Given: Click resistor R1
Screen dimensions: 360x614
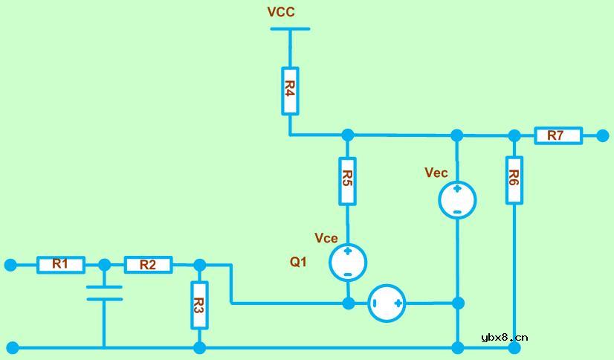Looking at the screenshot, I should coord(61,265).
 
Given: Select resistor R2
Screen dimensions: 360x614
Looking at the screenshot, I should coord(148,265).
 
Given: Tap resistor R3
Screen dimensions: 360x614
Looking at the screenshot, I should coord(199,305).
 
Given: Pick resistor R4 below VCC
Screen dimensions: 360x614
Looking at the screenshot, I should coord(290,91).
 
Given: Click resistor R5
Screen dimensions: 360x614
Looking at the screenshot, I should coord(347,181).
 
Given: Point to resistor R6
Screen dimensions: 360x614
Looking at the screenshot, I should coord(514,179).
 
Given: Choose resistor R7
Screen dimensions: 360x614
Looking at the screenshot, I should coord(558,135).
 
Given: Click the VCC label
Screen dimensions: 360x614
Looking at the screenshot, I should coord(281,12).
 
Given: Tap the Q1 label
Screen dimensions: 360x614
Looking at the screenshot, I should coord(298,262).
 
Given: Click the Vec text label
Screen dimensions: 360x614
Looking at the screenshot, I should coord(436,173).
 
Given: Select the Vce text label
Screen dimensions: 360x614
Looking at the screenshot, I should coord(326,238).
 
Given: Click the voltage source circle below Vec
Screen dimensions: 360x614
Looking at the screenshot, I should coord(457,200).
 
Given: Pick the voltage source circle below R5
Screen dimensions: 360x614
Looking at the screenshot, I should coord(348,263).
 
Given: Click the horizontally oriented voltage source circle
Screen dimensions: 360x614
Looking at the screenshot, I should coord(387,303).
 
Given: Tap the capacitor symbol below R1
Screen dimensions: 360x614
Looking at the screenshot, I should coord(104,292).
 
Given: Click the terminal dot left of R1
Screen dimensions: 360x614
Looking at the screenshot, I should coord(10,265).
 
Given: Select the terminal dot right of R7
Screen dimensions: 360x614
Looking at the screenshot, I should coord(603,135).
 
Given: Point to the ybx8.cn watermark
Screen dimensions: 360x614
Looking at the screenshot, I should coord(504,337).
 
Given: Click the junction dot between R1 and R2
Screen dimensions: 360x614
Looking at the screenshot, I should coord(104,265).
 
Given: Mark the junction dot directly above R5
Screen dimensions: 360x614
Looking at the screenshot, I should coord(347,135).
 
